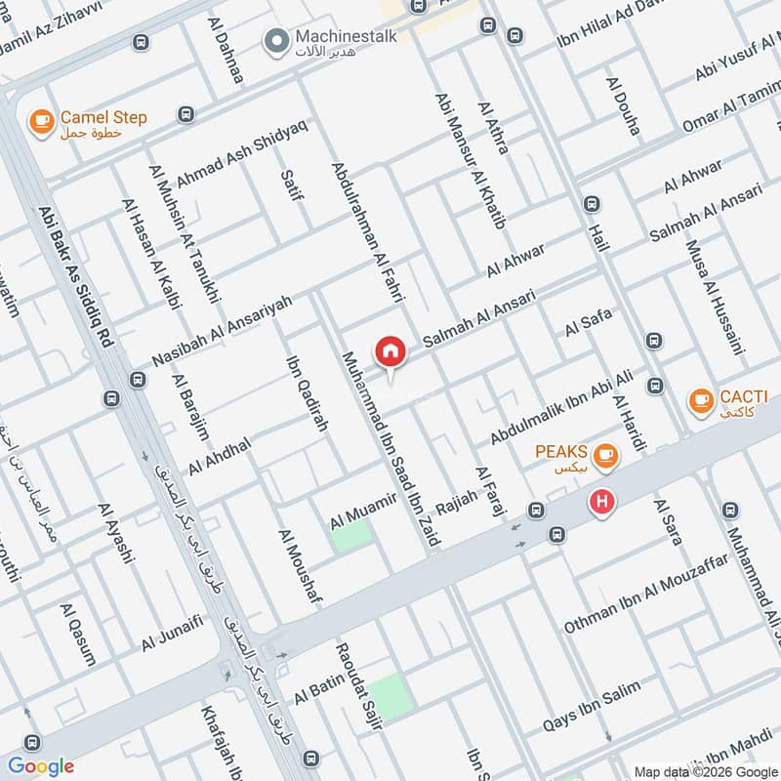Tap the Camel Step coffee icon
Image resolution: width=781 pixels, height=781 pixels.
pos(40,120)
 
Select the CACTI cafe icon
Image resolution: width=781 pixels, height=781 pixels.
pos(699,399)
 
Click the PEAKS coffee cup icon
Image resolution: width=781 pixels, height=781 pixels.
pos(605,453)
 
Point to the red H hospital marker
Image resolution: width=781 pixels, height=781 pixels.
pos(602,503)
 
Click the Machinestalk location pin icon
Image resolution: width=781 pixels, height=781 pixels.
pos(276,40)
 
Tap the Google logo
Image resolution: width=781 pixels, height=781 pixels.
pos(41,765)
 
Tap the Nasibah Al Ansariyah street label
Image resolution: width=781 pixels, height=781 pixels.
pos(223,332)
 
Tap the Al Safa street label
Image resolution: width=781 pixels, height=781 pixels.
pos(588,323)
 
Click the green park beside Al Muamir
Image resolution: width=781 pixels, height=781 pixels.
pos(351,535)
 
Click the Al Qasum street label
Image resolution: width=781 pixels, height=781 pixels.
pos(77,635)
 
